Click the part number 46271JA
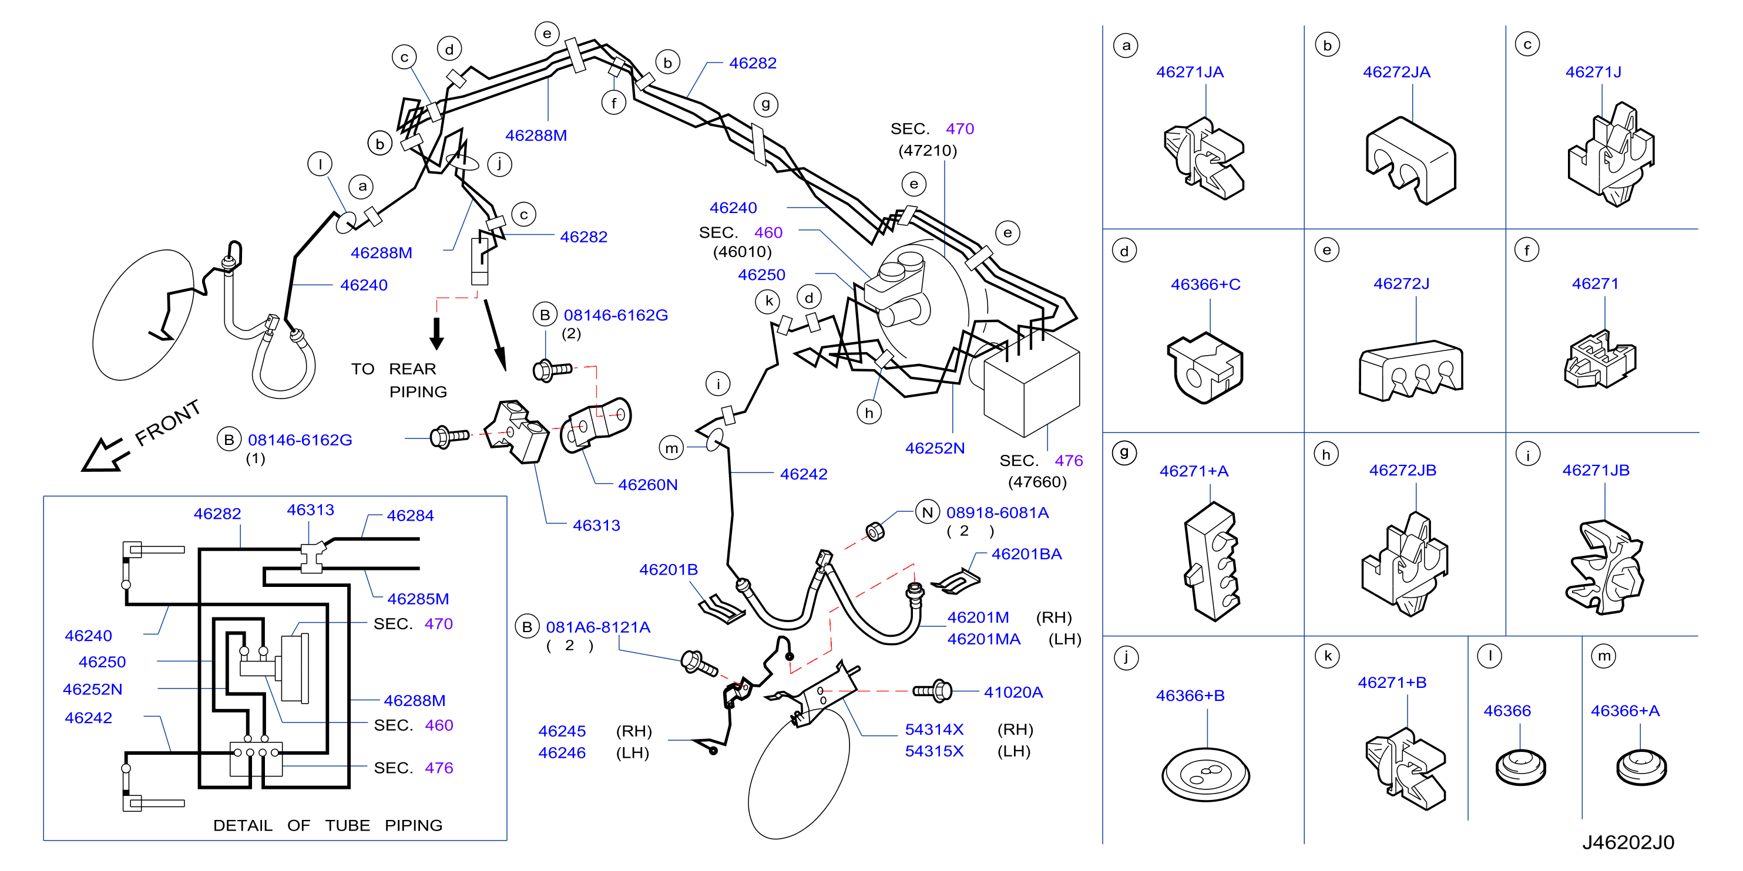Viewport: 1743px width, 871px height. (1190, 72)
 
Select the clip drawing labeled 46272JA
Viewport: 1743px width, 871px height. (1410, 160)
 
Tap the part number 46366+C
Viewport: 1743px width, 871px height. (1205, 284)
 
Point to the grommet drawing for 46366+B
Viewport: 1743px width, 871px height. (1205, 774)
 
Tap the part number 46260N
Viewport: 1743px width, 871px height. (647, 484)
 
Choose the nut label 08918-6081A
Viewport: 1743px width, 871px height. (998, 512)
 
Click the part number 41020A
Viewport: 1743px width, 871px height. (1013, 692)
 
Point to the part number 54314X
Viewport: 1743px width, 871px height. (933, 729)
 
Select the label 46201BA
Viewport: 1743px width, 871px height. (1026, 554)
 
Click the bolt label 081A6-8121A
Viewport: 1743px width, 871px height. (598, 627)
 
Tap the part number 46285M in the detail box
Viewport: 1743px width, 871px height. (418, 599)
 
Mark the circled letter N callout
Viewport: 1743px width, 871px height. (927, 512)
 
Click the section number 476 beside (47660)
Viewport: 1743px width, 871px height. (1069, 461)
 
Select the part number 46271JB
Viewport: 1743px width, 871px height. (1596, 470)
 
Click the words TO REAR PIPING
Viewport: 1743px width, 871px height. (398, 380)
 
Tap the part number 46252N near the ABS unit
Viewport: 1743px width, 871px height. (935, 448)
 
